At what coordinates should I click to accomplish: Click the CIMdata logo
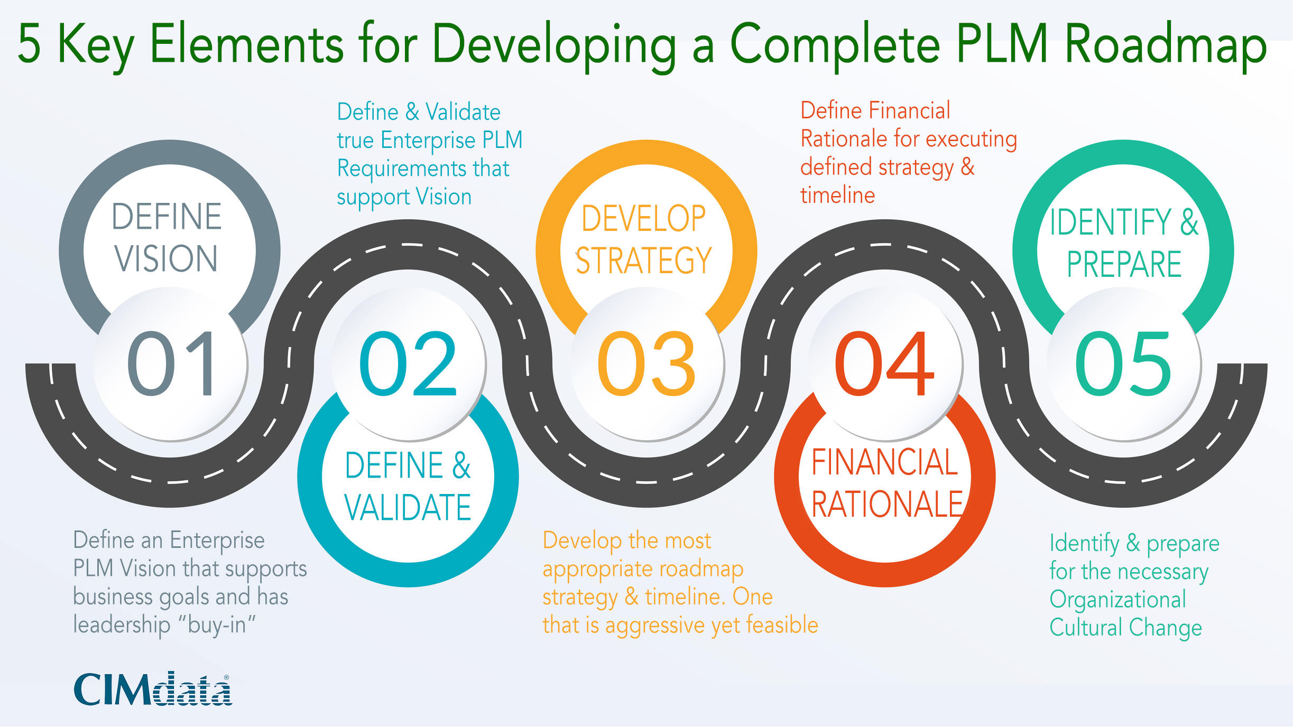click(152, 689)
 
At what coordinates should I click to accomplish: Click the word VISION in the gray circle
click(166, 259)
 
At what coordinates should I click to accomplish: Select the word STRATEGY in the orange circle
click(644, 260)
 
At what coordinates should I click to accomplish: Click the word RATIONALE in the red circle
click(887, 504)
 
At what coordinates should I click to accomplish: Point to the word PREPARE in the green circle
click(1124, 264)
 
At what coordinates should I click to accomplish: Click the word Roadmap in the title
click(1165, 44)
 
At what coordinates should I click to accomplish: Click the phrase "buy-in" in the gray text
click(217, 625)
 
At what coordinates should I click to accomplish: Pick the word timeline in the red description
click(837, 195)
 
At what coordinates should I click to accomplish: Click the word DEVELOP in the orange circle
click(644, 218)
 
